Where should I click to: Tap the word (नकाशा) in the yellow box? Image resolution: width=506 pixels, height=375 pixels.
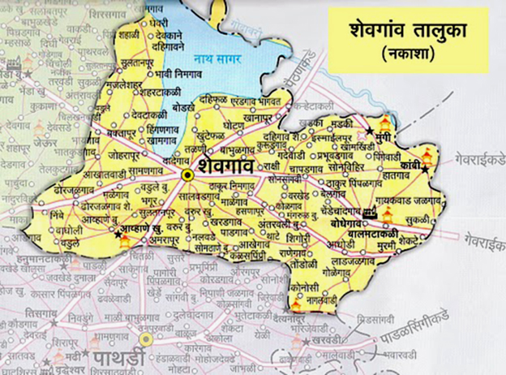click(x=410, y=55)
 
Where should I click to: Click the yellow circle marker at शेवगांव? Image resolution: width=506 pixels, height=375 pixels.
click(x=187, y=174)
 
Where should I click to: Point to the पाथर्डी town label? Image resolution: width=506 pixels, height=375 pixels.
click(x=117, y=357)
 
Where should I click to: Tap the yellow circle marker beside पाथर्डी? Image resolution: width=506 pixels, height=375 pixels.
click(x=145, y=338)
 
